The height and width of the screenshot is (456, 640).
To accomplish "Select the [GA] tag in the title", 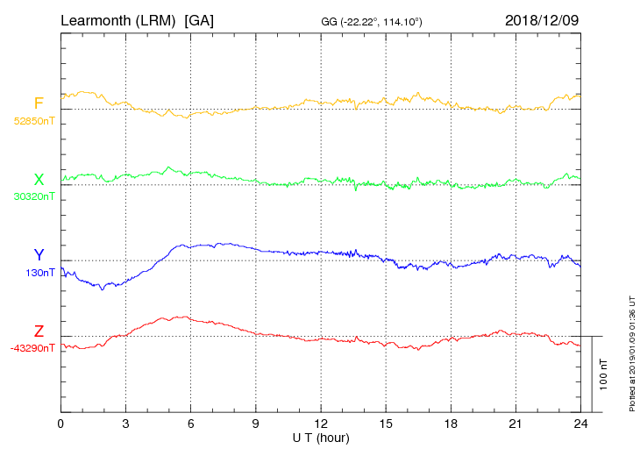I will [199, 19].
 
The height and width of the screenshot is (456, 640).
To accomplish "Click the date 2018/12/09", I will [541, 19].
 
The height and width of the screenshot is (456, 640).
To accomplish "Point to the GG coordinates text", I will [373, 20].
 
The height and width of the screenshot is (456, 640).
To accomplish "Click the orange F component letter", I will [39, 103].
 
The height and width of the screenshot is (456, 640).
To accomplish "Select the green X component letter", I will [39, 180].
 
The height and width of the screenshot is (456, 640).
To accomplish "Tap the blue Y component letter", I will [39, 255].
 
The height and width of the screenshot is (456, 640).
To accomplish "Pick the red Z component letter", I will [39, 331].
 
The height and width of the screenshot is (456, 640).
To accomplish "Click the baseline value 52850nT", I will [33, 121].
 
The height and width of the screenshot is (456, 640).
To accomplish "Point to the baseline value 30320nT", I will [33, 196].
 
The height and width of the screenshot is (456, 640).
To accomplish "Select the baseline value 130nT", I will [41, 273].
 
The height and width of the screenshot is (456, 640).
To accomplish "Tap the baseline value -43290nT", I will [32, 348].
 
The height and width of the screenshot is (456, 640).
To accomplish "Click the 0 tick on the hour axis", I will [60, 424].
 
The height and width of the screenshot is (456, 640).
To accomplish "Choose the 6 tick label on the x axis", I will [190, 424].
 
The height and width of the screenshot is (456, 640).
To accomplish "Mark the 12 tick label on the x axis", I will [321, 424].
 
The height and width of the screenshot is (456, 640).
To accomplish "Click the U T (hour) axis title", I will [321, 437].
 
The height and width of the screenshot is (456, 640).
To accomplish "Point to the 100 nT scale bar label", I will [603, 374].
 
